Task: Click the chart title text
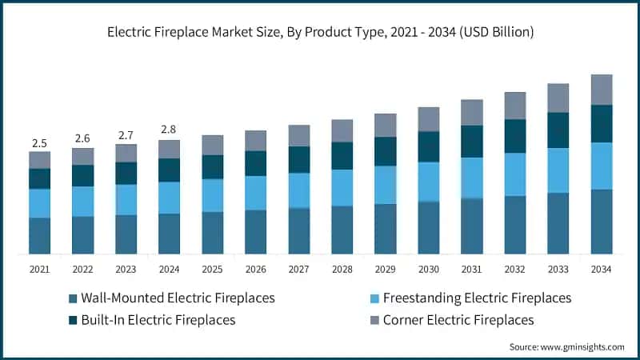click(320, 33)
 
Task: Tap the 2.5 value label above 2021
click(39, 143)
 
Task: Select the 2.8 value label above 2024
click(169, 130)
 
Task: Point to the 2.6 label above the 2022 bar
click(82, 138)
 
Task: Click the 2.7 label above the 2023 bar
click(126, 134)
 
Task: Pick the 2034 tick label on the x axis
click(601, 270)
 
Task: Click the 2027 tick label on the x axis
click(298, 270)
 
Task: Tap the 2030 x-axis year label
click(428, 270)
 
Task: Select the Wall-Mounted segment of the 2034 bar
click(601, 222)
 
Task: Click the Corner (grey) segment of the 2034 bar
click(601, 90)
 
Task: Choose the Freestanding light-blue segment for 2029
click(385, 185)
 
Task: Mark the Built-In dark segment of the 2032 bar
click(514, 136)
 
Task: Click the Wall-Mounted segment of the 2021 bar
click(39, 236)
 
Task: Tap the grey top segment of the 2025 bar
click(212, 145)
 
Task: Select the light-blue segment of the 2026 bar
click(255, 193)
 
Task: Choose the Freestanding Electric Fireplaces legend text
click(477, 298)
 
